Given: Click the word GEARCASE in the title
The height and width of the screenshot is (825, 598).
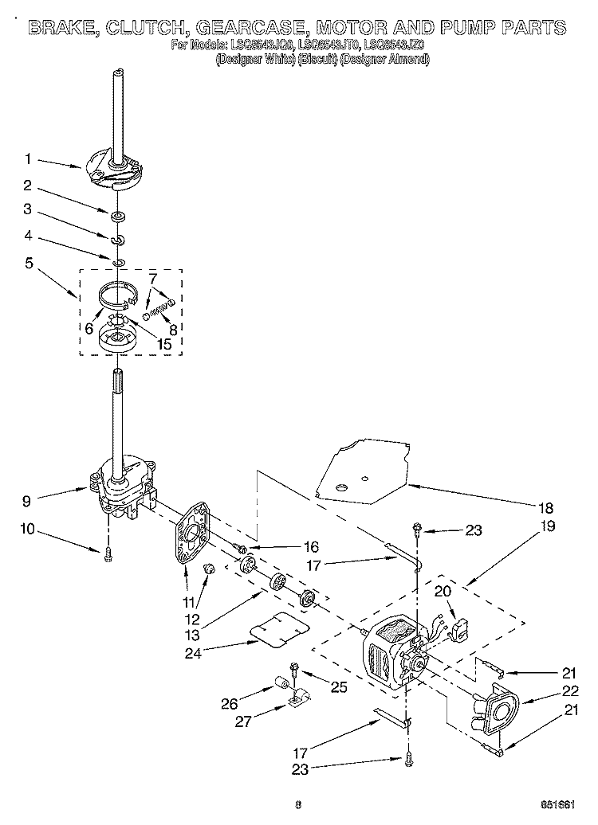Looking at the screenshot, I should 256,28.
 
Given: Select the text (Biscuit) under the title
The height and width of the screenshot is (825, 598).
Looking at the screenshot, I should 316,60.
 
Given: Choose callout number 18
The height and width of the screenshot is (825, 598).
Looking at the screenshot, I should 545,507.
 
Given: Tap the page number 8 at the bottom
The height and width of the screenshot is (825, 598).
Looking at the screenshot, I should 297,803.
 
